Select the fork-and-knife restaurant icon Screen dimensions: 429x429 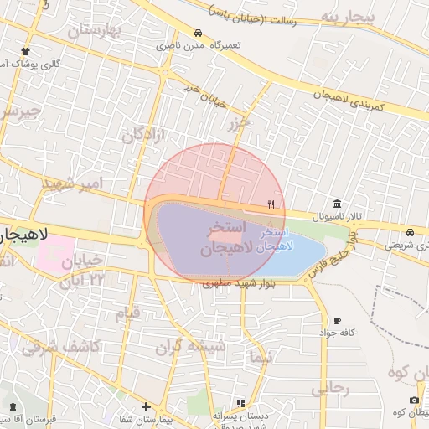click(270, 204)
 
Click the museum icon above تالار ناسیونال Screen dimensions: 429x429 click(336, 204)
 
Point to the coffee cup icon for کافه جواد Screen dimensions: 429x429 click(337, 320)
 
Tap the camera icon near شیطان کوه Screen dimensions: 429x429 click(413, 400)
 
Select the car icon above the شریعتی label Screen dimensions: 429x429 click(410, 232)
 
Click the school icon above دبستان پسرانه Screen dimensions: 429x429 click(241, 403)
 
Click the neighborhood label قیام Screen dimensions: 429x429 click(129, 313)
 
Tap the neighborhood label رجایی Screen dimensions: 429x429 click(329, 389)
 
